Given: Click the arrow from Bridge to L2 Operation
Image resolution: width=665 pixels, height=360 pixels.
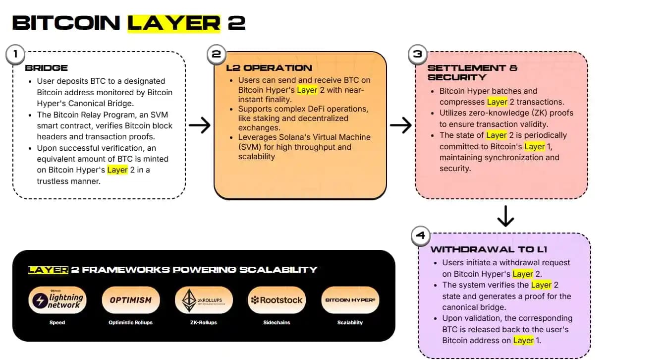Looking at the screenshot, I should (x=200, y=125).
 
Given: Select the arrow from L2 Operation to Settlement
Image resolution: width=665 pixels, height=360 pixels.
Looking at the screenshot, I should (x=400, y=125).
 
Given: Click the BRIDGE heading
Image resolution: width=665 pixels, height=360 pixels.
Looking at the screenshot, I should (x=46, y=68).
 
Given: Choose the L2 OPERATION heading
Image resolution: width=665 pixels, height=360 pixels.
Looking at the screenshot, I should (x=269, y=68).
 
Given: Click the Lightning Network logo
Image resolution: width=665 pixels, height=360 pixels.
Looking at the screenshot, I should (x=57, y=300).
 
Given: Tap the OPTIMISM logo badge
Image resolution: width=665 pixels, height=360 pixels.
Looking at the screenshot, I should (x=130, y=300).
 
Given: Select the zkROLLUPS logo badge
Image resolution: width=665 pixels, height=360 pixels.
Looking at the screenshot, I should (x=204, y=300).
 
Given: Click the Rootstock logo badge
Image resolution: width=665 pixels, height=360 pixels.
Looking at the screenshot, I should (x=277, y=300).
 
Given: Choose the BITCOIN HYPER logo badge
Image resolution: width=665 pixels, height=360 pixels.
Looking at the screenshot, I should (x=350, y=300).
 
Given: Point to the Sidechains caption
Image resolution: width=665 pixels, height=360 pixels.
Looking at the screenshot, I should (x=277, y=322).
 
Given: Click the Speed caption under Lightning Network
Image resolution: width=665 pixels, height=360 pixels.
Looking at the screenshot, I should (x=57, y=322).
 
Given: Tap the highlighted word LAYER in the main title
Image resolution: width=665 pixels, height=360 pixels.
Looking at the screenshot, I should (x=173, y=23).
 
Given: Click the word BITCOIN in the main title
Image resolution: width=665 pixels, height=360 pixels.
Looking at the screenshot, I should (x=66, y=23).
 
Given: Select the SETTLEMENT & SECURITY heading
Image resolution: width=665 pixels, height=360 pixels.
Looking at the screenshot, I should (x=472, y=72).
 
